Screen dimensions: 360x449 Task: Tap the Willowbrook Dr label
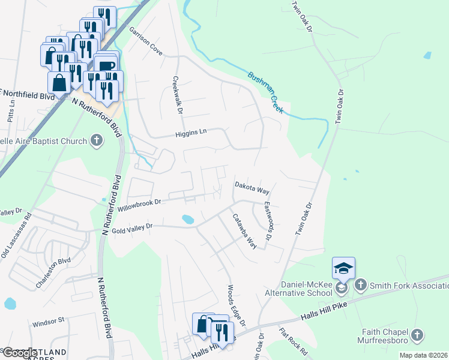[x=140, y=206]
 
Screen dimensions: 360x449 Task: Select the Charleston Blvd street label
[x=53, y=271]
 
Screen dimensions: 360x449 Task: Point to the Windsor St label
[x=48, y=321]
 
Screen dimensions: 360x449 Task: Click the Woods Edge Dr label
[x=236, y=305]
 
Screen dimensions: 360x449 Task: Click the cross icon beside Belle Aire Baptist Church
[x=96, y=141]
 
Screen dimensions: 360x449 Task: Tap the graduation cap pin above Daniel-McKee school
[x=343, y=268]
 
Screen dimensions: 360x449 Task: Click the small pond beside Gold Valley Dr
[x=187, y=220]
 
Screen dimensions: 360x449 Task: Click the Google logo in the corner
[x=19, y=353]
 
